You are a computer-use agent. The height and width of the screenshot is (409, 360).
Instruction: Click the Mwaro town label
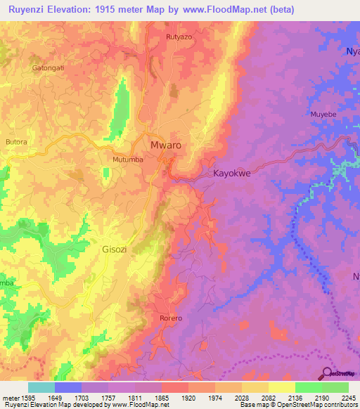[166, 145]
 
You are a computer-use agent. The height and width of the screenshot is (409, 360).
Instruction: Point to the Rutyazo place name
[179, 36]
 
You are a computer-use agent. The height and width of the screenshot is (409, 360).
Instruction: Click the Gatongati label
[48, 68]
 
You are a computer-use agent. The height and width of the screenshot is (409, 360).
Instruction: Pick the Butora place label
[16, 141]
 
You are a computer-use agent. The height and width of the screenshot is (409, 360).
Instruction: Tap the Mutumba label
[128, 160]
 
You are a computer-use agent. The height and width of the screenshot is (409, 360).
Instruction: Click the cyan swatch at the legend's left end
[41, 387]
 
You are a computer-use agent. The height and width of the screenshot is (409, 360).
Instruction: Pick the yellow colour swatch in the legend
[281, 387]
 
